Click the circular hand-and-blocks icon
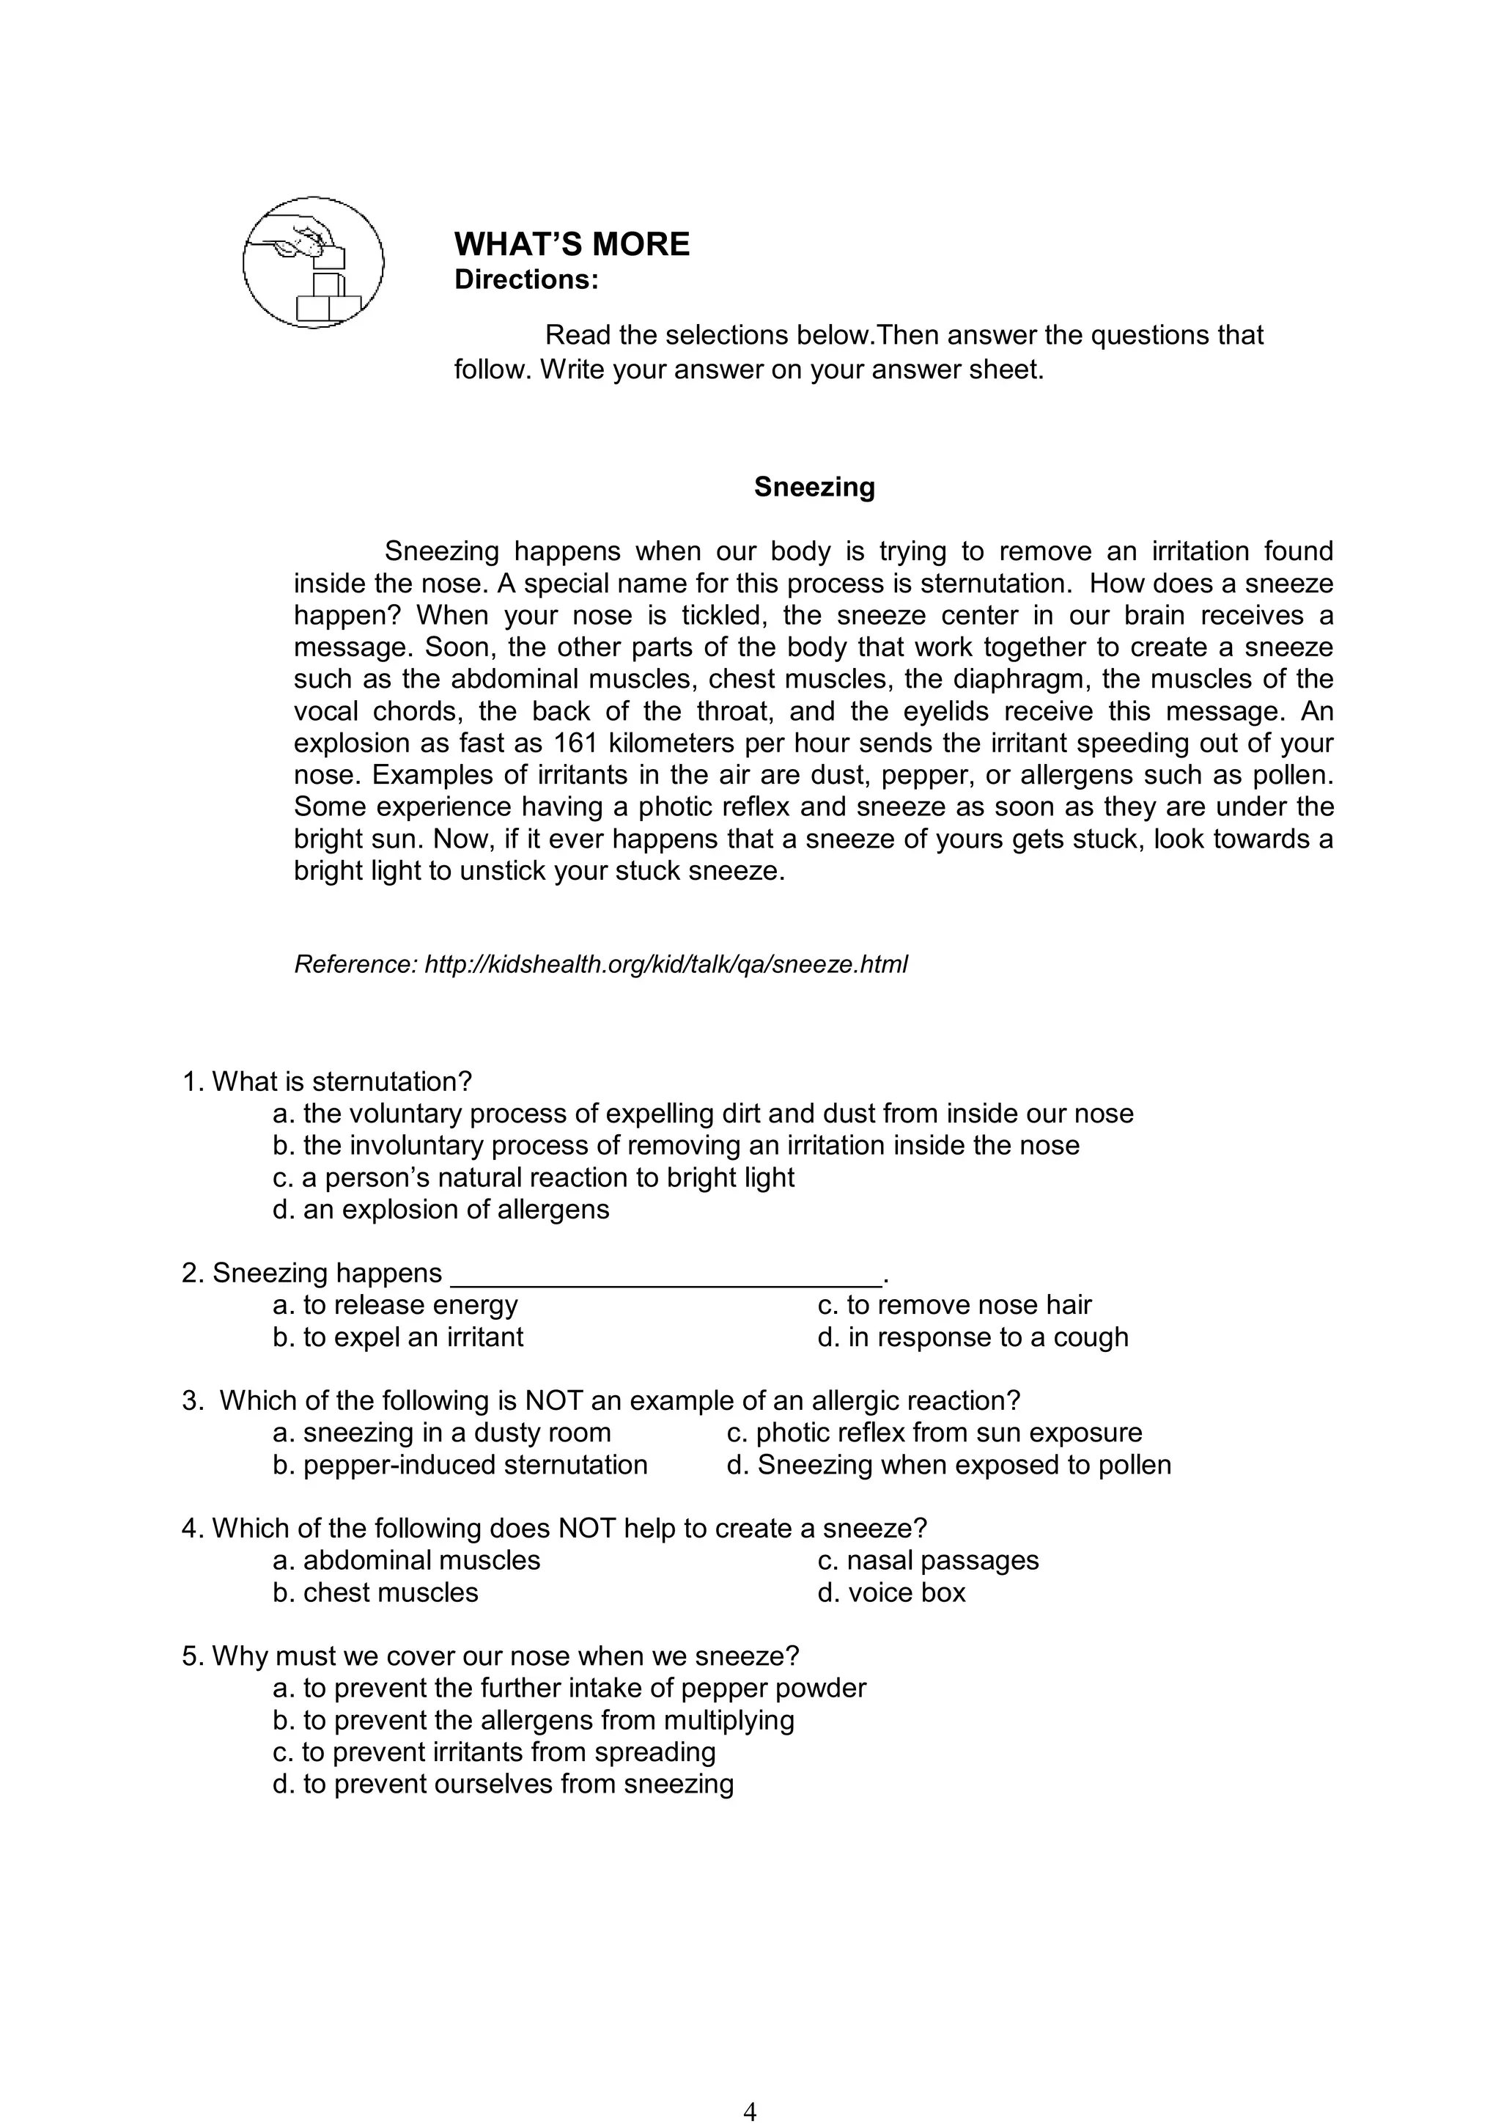click(x=313, y=262)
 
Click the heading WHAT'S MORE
click(x=572, y=244)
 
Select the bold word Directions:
click(x=526, y=279)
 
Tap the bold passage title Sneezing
click(x=814, y=487)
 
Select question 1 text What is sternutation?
click(x=328, y=1081)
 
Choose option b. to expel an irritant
click(x=398, y=1337)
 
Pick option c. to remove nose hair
click(x=954, y=1304)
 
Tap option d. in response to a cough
click(x=973, y=1337)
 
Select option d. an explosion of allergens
click(x=441, y=1209)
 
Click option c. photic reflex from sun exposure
click(x=934, y=1432)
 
